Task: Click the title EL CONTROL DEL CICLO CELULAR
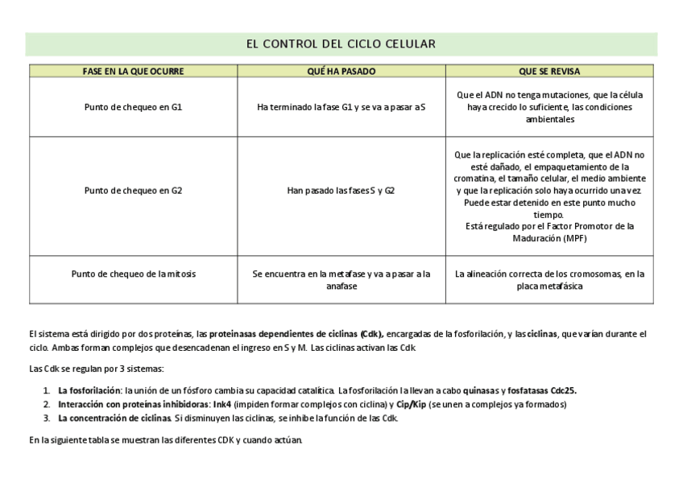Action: tap(341, 43)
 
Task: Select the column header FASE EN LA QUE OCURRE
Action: tap(133, 72)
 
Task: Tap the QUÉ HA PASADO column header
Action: tap(341, 72)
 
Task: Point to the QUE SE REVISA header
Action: tap(549, 72)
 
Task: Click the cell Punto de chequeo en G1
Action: tap(133, 107)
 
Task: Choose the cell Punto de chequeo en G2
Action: tap(133, 191)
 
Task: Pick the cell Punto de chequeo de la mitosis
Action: tap(133, 274)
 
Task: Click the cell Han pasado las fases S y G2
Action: tap(341, 191)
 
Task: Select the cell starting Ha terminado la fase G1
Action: tap(341, 107)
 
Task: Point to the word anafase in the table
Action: tap(341, 286)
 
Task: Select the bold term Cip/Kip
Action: tap(411, 405)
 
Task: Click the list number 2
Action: tap(46, 405)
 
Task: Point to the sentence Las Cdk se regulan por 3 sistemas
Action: tap(96, 369)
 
